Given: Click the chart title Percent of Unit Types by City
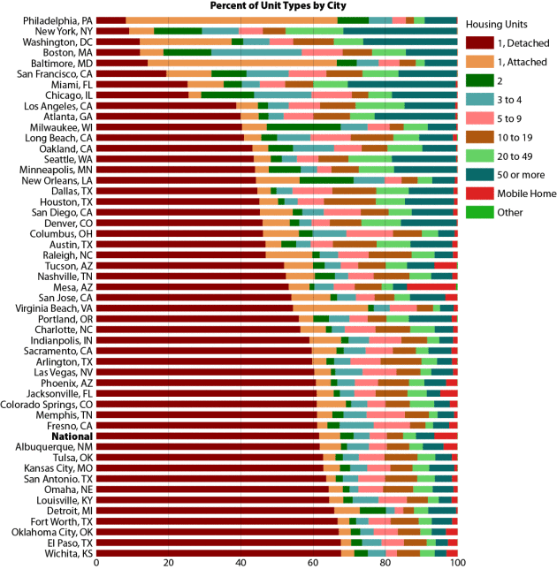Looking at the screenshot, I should pos(278,5).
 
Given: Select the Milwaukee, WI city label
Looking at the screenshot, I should pos(60,126).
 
